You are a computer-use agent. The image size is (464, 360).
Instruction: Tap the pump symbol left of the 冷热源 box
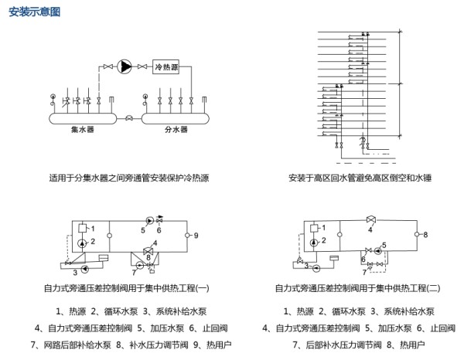125,67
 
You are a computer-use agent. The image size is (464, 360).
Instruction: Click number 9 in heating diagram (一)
196,234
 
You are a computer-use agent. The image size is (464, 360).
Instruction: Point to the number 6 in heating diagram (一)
159,229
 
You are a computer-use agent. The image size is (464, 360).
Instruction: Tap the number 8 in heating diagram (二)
425,233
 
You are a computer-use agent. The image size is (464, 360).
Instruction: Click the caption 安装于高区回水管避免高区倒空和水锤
358,177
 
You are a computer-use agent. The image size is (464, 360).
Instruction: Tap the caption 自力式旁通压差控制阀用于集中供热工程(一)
127,288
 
